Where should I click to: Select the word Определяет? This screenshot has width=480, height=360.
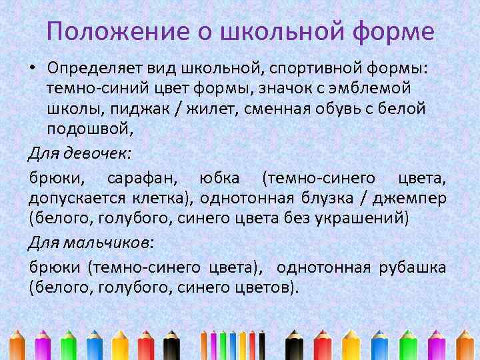(x=93, y=69)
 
